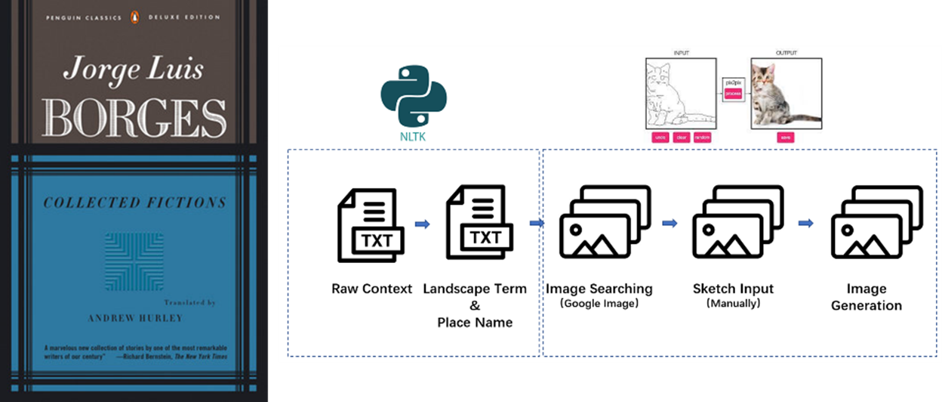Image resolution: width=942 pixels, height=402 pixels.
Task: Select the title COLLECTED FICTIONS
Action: click(134, 203)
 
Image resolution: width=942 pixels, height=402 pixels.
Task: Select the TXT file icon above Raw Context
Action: click(371, 225)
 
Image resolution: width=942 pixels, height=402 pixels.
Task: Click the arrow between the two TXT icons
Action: click(423, 224)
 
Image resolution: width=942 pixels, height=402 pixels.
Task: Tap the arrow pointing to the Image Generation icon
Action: click(806, 223)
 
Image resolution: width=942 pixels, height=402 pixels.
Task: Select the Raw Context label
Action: click(372, 289)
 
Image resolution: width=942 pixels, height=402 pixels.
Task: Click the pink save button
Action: click(784, 138)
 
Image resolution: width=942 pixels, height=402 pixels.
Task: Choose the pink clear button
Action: click(682, 138)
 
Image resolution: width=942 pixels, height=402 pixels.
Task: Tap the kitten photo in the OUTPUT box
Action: click(785, 94)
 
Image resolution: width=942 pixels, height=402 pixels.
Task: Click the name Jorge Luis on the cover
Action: click(134, 70)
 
